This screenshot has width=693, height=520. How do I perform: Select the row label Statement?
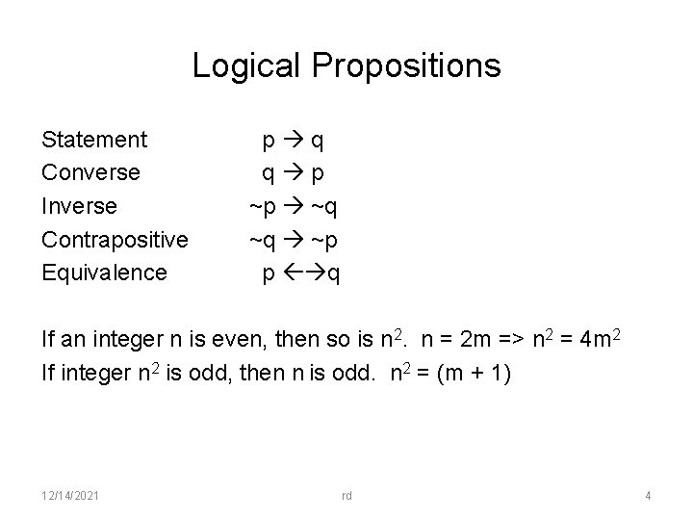pyautogui.click(x=95, y=141)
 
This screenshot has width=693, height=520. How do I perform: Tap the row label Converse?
pyautogui.click(x=91, y=173)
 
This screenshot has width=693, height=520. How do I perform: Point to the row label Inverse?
pyautogui.click(x=80, y=206)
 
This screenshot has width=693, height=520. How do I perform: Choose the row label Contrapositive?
pyautogui.click(x=115, y=239)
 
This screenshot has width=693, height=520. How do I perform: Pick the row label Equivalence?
pyautogui.click(x=105, y=272)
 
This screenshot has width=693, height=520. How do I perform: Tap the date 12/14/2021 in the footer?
pyautogui.click(x=68, y=496)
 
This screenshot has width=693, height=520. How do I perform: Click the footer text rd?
pyautogui.click(x=346, y=496)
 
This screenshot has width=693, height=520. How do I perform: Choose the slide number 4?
pyautogui.click(x=648, y=496)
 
